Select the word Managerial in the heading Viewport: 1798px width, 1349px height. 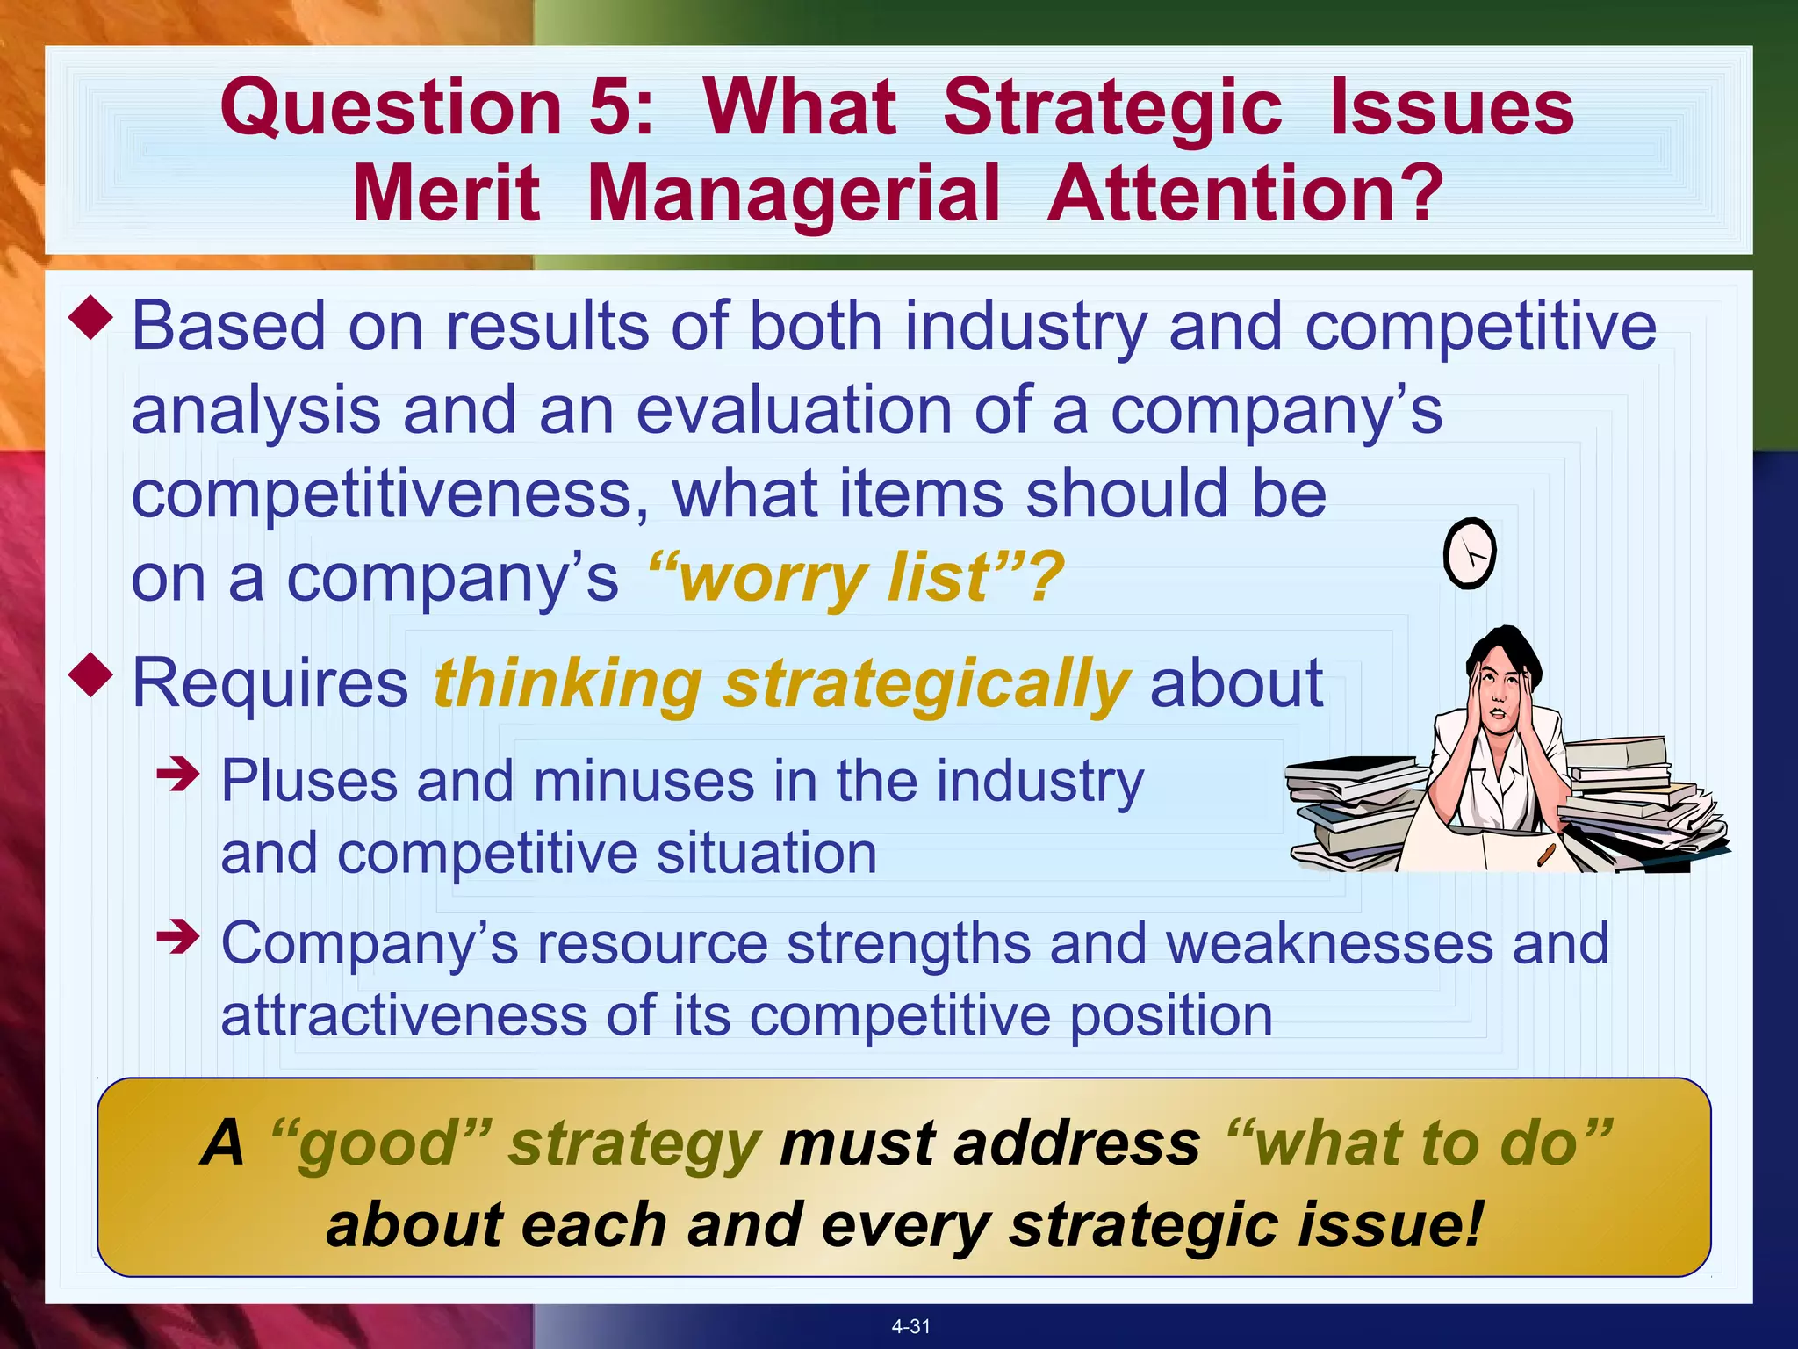click(x=794, y=194)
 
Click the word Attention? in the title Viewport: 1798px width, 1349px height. click(x=1246, y=194)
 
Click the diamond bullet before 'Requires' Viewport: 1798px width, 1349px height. click(x=90, y=675)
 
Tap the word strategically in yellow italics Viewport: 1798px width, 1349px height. click(x=926, y=684)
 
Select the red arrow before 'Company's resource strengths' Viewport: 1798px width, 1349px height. click(x=178, y=937)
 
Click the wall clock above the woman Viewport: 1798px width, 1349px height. click(x=1469, y=553)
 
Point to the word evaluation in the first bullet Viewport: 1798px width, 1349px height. click(x=794, y=411)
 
